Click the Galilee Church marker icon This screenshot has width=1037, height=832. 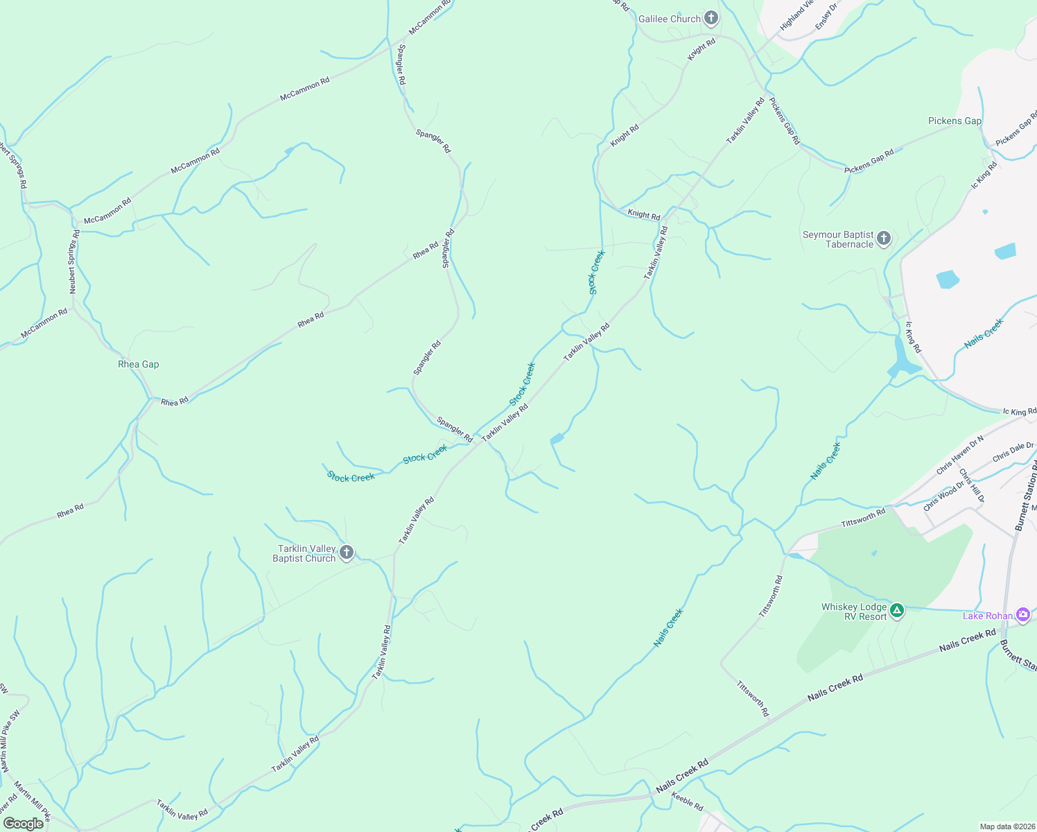click(x=711, y=18)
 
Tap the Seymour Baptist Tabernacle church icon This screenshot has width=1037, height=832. click(x=883, y=239)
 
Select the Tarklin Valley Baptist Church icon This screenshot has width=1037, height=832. click(x=347, y=553)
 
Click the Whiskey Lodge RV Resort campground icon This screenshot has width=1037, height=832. click(x=897, y=611)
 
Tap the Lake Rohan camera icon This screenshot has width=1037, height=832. click(x=1022, y=615)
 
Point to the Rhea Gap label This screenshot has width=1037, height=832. click(x=139, y=364)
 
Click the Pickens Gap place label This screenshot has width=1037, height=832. click(x=955, y=121)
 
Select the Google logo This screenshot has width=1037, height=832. click(x=23, y=824)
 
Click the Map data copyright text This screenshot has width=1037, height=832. click(x=1007, y=826)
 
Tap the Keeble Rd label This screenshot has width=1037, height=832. click(x=687, y=801)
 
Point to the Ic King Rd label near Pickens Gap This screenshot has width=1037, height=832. click(x=984, y=175)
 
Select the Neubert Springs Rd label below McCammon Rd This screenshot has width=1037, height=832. click(x=73, y=262)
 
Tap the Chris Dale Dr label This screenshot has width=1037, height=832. click(x=1013, y=452)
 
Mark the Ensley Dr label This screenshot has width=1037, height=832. click(x=827, y=15)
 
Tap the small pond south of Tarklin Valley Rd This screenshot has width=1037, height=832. click(x=557, y=439)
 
